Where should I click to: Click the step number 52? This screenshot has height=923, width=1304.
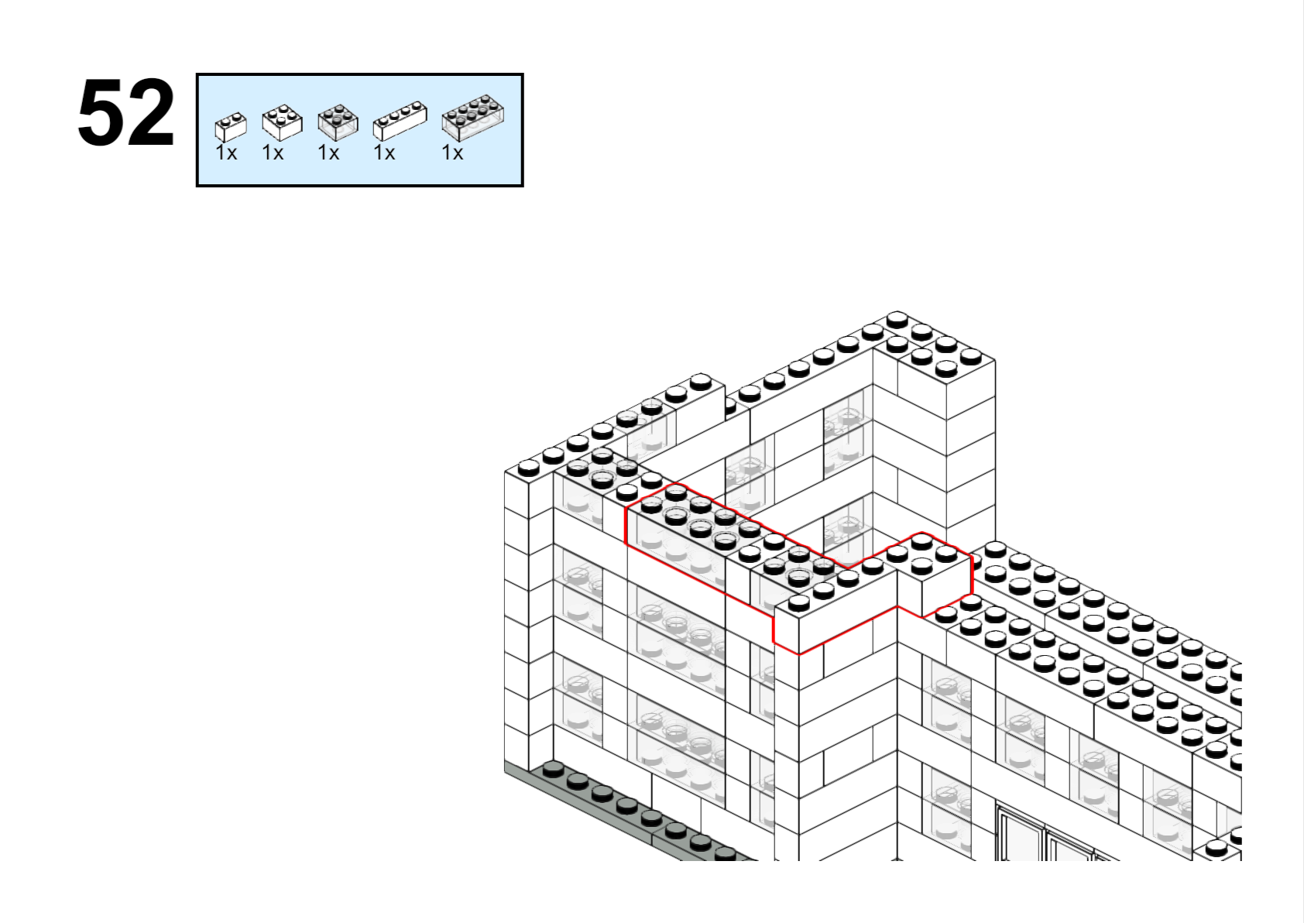[125, 113]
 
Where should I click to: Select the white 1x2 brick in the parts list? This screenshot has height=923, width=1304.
[231, 127]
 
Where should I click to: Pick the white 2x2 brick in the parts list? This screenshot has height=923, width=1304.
[282, 122]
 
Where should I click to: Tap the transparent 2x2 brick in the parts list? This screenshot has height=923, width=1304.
[338, 122]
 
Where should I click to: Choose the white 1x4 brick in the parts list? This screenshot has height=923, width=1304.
[400, 121]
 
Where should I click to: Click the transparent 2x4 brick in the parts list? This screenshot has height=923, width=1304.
[472, 118]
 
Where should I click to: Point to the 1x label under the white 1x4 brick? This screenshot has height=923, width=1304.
[384, 153]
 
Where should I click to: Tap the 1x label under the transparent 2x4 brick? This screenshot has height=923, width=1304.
[452, 153]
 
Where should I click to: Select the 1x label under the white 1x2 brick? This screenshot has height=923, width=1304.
[226, 153]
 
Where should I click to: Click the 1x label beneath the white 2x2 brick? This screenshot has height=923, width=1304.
[273, 153]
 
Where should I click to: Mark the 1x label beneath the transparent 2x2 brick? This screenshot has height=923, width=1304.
[328, 153]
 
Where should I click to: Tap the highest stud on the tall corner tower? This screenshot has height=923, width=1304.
[897, 318]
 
